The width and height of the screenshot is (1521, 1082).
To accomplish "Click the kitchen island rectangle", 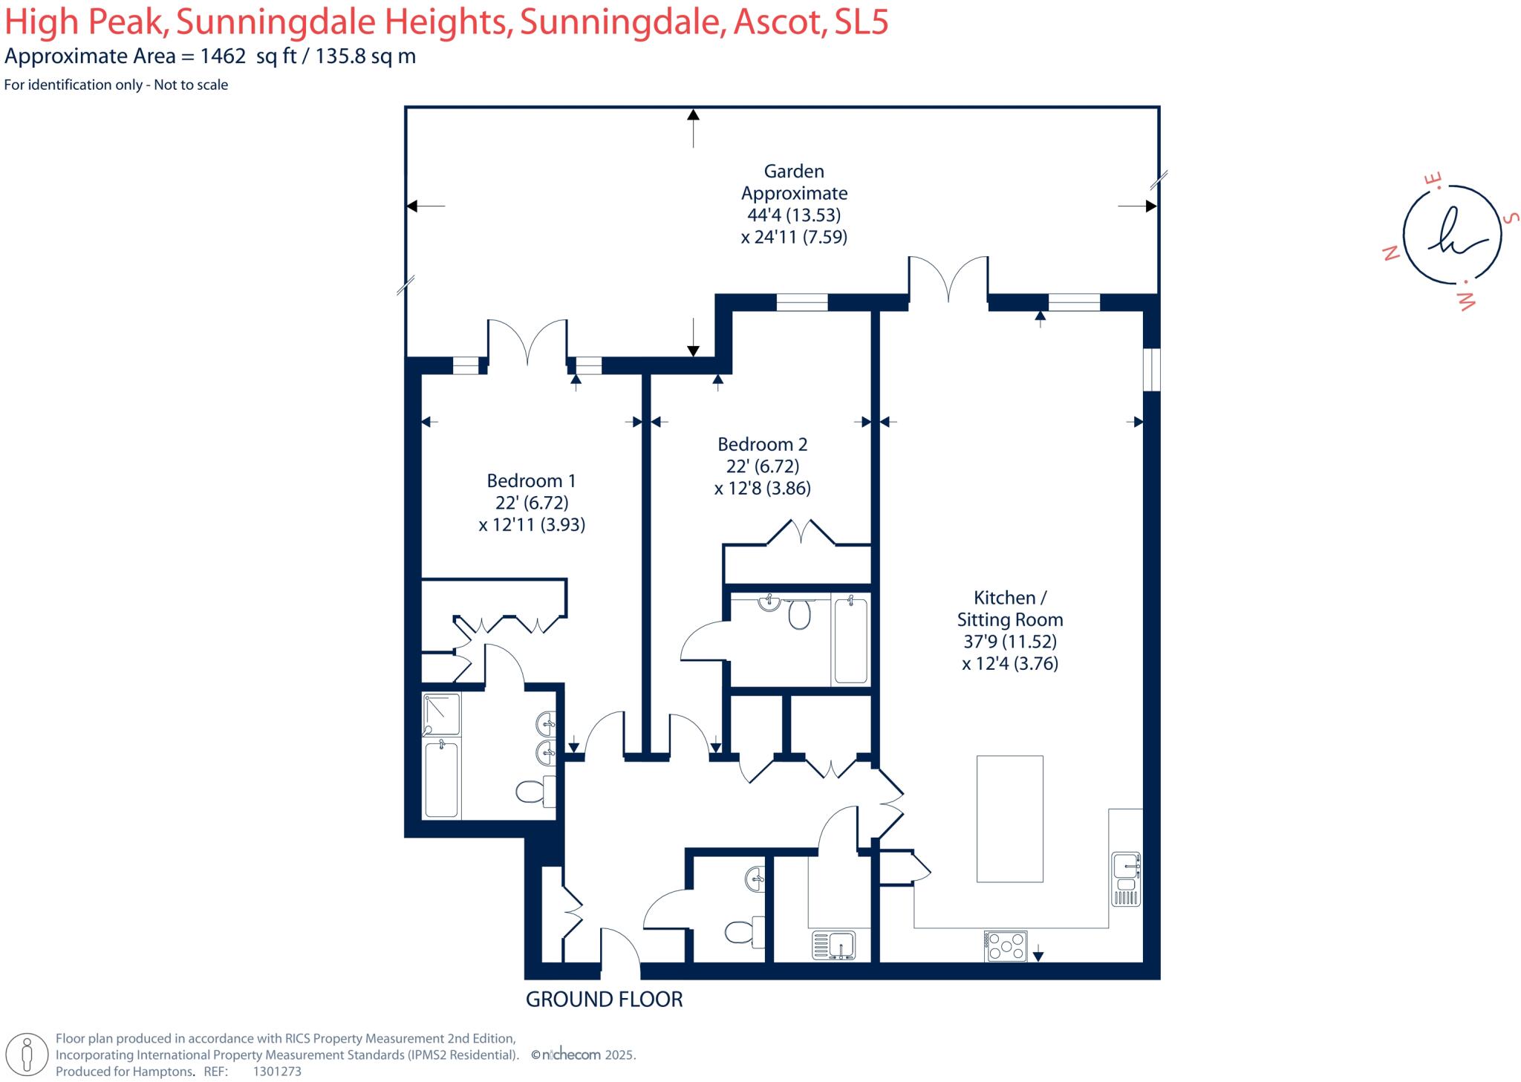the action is click(1009, 818).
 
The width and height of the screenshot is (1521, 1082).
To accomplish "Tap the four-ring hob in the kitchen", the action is click(1006, 946).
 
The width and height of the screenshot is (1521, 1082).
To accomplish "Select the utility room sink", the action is click(834, 945).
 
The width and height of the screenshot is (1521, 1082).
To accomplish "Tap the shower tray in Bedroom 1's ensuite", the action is click(441, 714).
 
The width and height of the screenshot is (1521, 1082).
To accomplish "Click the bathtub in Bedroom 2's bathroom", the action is click(850, 640).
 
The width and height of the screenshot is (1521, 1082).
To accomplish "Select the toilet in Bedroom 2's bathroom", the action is click(799, 614).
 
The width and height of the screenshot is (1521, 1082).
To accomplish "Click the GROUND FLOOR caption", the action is click(604, 1000).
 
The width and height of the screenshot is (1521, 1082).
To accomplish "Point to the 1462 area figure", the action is click(223, 56).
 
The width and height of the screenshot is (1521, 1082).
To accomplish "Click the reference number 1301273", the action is click(277, 1072).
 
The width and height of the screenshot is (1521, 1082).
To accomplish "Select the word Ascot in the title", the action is click(780, 22).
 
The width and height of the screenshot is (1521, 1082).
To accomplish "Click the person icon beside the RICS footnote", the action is click(28, 1055).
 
